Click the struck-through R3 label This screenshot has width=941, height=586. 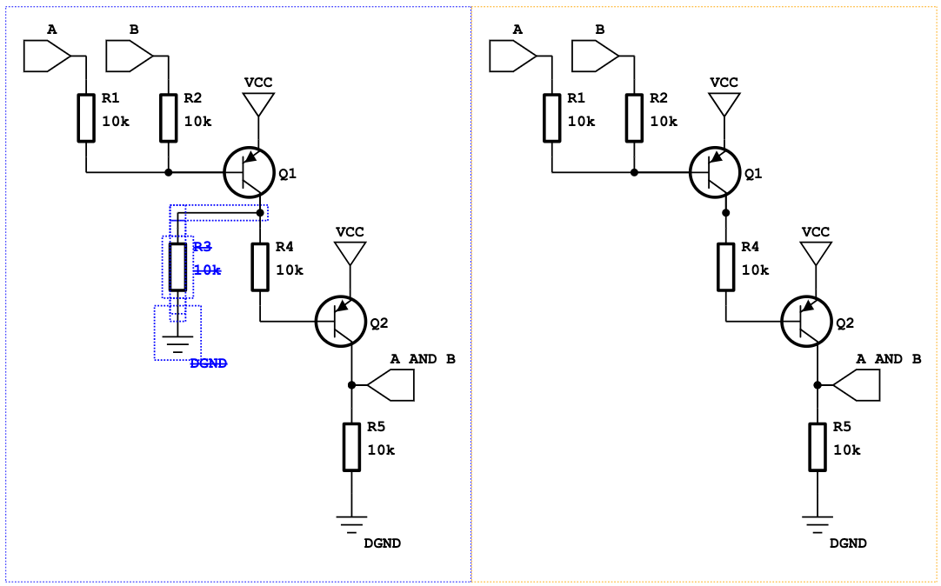[202, 247]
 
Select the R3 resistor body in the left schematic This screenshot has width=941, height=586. [177, 267]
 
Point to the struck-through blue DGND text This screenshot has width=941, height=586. [209, 363]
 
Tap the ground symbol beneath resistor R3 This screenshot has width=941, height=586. [177, 343]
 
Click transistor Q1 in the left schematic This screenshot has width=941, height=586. [250, 172]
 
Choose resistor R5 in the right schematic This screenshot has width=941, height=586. [817, 447]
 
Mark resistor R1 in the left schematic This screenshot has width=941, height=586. [85, 117]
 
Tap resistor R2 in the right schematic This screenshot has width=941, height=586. [634, 117]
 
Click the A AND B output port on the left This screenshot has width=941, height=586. [391, 384]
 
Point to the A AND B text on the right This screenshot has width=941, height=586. [888, 359]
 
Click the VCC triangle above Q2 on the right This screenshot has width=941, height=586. [816, 253]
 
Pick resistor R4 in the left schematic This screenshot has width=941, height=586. [260, 267]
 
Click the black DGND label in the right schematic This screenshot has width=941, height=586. [848, 543]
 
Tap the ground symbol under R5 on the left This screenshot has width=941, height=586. [351, 523]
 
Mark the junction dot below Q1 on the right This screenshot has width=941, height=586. [725, 212]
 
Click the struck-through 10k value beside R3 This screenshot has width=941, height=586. [206, 270]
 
